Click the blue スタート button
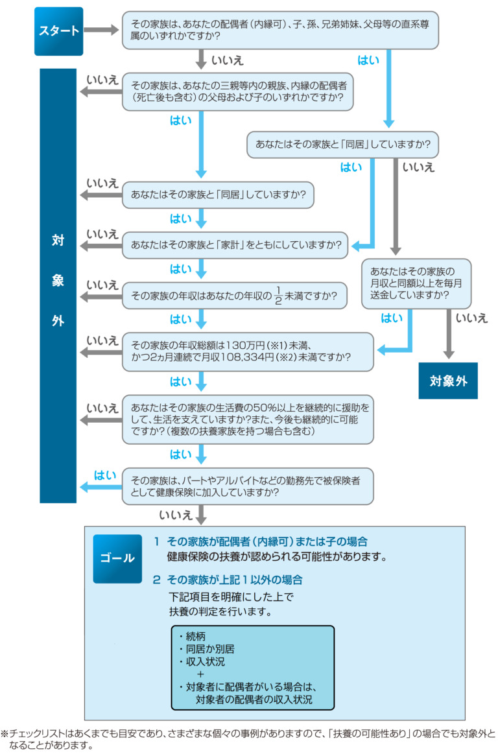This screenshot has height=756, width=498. point(59,30)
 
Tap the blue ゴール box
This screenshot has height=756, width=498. point(117,558)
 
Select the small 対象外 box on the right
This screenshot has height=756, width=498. point(448,380)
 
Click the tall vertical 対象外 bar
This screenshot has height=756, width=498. point(58,285)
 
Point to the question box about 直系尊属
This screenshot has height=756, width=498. point(280,30)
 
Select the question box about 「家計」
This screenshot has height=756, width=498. point(237,246)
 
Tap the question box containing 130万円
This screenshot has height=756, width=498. point(248,351)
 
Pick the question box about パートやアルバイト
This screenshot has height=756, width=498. point(248,486)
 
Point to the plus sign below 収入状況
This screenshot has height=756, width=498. point(200,675)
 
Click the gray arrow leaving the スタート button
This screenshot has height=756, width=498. point(99,30)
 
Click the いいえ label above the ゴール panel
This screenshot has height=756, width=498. point(175,516)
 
